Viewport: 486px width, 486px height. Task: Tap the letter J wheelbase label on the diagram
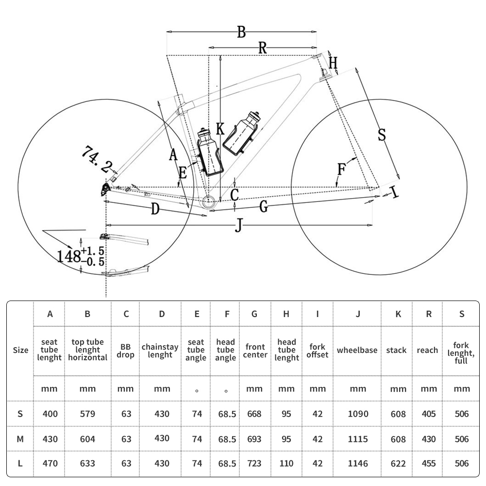click(x=238, y=225)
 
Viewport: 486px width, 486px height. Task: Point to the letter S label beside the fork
click(x=382, y=134)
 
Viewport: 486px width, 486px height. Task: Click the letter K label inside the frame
click(x=220, y=129)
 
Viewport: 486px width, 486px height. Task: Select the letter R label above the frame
click(x=262, y=48)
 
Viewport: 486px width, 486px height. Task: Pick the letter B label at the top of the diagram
click(x=241, y=32)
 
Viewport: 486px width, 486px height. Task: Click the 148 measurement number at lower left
click(x=69, y=256)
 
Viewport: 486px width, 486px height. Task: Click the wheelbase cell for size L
click(x=357, y=463)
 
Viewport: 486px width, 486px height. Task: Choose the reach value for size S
click(x=429, y=414)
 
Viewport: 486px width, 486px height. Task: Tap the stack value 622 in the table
click(x=398, y=463)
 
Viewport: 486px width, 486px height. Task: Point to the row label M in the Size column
click(x=20, y=439)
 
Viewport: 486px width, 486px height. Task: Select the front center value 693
click(x=254, y=439)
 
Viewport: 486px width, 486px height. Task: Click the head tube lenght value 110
click(x=286, y=463)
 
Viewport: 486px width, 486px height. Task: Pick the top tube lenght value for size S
click(x=87, y=414)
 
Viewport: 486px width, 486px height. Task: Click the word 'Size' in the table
click(x=20, y=350)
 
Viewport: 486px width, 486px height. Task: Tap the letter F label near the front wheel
click(x=342, y=169)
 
